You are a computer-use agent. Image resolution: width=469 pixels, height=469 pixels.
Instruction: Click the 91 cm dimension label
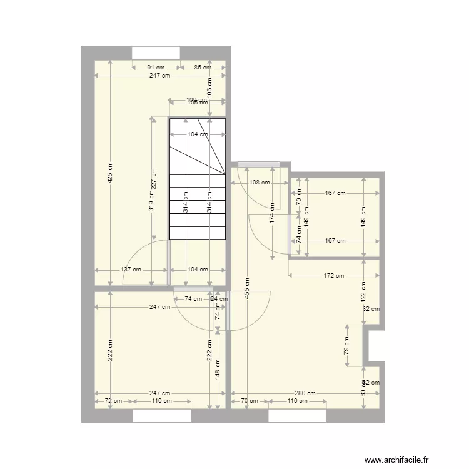pos(156,68)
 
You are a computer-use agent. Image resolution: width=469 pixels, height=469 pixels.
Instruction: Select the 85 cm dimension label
pos(202,68)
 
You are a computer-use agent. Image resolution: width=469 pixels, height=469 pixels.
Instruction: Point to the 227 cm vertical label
pos(154,179)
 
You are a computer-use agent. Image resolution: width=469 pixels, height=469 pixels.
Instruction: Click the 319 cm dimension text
pos(151,202)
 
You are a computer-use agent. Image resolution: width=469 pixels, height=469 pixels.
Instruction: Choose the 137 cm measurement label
pos(131,270)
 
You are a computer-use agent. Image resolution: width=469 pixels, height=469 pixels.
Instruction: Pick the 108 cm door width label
pos(260,183)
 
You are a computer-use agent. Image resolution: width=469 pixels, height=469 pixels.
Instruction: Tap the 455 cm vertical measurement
pos(247,288)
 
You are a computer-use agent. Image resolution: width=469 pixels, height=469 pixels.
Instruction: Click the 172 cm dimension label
pos(334,275)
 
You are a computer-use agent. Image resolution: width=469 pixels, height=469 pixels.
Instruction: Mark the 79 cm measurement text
pos(347,345)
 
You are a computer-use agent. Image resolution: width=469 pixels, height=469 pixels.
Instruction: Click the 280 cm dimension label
pos(306,394)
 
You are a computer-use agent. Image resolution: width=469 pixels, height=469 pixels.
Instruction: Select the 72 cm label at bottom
pos(113,401)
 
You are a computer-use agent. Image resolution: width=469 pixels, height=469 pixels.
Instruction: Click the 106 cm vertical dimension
pos(209,86)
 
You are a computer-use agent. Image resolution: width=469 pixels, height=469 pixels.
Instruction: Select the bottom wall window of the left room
pos(162,416)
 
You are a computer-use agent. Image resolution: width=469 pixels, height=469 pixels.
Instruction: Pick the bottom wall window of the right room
pos(297,416)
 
